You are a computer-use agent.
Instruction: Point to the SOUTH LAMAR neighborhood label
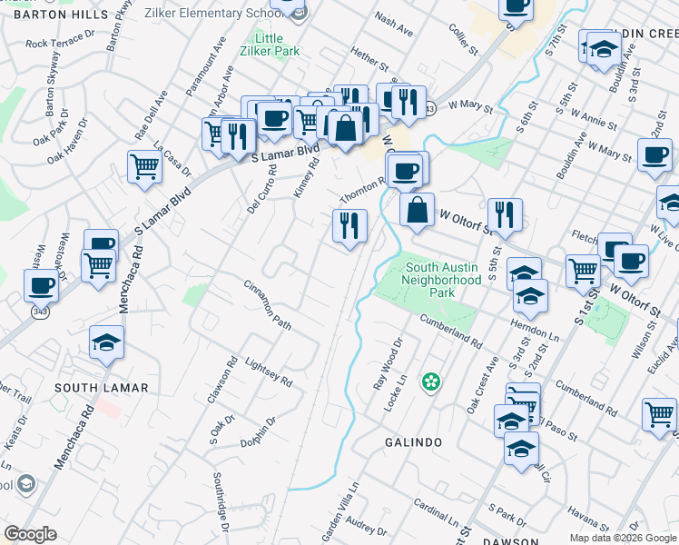tap(101, 388)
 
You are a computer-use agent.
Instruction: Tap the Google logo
tap(30, 534)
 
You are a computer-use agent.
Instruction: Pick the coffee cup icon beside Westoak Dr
tap(40, 287)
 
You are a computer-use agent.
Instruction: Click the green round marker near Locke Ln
tap(430, 381)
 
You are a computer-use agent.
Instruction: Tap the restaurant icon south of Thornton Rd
tap(349, 225)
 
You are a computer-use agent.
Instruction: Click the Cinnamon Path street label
tap(267, 304)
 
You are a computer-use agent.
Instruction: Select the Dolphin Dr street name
tap(259, 432)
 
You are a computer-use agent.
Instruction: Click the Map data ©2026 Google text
tap(623, 538)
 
